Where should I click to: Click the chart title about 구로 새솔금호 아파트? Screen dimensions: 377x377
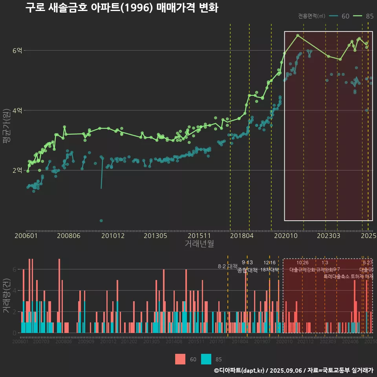coord(122,8)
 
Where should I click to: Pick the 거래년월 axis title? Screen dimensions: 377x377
coord(199,243)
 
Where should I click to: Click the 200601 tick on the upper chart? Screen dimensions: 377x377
coord(26,236)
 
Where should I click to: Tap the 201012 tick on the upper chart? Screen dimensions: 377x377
coord(113,236)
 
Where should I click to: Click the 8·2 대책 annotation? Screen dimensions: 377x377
coord(227,266)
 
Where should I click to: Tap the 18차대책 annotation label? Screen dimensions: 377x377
coord(269,270)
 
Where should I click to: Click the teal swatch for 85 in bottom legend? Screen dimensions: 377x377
coord(206,359)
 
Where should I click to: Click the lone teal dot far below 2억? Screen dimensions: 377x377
coord(101,221)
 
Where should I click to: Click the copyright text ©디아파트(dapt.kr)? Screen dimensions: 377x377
coord(240,370)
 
